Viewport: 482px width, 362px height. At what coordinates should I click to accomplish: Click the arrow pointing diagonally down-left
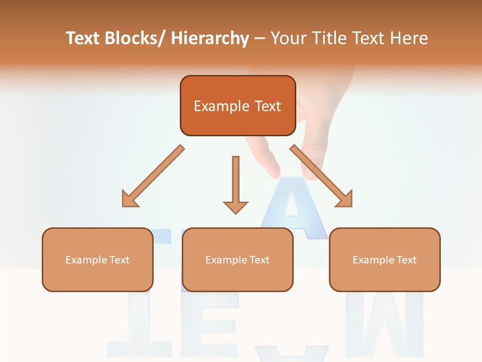click(153, 176)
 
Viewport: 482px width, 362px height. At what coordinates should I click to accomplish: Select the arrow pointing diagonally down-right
click(321, 176)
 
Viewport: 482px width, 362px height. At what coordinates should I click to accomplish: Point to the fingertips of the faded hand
click(274, 173)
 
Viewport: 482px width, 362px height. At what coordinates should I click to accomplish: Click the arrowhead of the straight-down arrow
click(235, 207)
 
